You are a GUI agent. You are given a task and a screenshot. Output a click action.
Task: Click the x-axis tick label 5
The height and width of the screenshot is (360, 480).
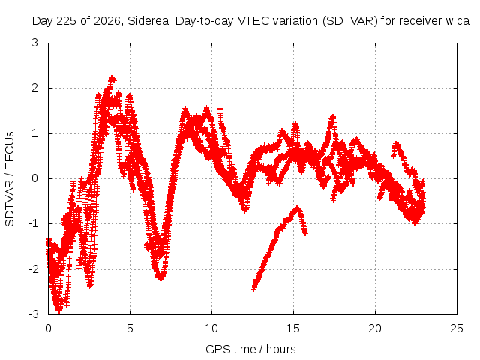(130, 328)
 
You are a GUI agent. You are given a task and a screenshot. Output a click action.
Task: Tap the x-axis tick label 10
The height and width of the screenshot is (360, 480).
(211, 328)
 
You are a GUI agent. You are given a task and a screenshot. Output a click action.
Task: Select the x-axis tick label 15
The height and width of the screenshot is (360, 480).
(293, 328)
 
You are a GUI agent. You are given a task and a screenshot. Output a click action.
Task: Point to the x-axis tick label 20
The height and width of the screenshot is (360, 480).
(375, 328)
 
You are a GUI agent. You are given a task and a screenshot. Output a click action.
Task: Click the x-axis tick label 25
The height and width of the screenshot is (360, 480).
(457, 328)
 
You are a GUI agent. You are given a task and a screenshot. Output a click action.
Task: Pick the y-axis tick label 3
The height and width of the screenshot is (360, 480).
(35, 43)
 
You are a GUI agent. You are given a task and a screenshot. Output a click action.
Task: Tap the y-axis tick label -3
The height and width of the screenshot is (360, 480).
(33, 314)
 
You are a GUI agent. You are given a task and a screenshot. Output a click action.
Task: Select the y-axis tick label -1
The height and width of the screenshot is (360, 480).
(33, 223)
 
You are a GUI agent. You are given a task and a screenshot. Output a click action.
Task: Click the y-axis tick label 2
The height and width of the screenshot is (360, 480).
(35, 88)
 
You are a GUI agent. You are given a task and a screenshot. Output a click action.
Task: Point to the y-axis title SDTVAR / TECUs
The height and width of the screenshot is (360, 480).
(10, 179)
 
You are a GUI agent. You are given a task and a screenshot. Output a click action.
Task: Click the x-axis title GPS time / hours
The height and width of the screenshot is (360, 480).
(250, 349)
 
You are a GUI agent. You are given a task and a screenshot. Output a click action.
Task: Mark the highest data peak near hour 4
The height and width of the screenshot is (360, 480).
(112, 76)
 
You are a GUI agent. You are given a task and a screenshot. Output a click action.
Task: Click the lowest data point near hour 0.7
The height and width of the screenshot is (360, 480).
(58, 311)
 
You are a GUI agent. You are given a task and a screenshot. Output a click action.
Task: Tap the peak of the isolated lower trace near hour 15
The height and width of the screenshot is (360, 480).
(297, 208)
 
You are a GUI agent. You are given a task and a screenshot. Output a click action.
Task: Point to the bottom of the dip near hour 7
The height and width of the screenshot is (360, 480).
(160, 278)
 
